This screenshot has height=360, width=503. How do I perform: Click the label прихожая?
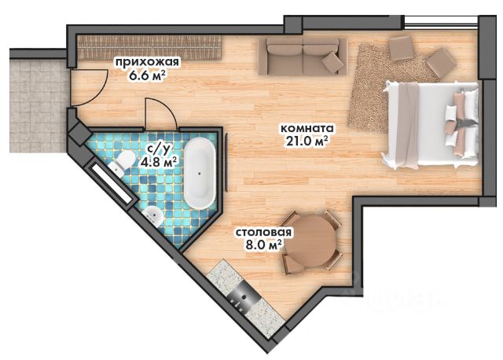147,62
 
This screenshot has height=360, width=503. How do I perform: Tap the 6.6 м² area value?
147,75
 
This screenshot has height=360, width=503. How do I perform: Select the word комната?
307,128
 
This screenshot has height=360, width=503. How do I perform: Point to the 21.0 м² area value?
307,141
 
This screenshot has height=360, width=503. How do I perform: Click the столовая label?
264,232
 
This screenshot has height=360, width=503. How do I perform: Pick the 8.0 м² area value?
263,245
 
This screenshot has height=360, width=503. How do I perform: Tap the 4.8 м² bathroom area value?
159,162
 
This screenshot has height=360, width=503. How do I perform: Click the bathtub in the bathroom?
200,174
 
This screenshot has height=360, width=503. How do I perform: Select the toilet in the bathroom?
122,163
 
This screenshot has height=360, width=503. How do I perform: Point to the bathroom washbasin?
153,215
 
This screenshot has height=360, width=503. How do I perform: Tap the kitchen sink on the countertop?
244,296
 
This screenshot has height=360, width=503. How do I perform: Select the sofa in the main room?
303,57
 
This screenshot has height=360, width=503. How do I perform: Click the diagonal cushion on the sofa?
332,63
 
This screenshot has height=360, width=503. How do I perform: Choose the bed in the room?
431,124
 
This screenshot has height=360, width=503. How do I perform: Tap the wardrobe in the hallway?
150,47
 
